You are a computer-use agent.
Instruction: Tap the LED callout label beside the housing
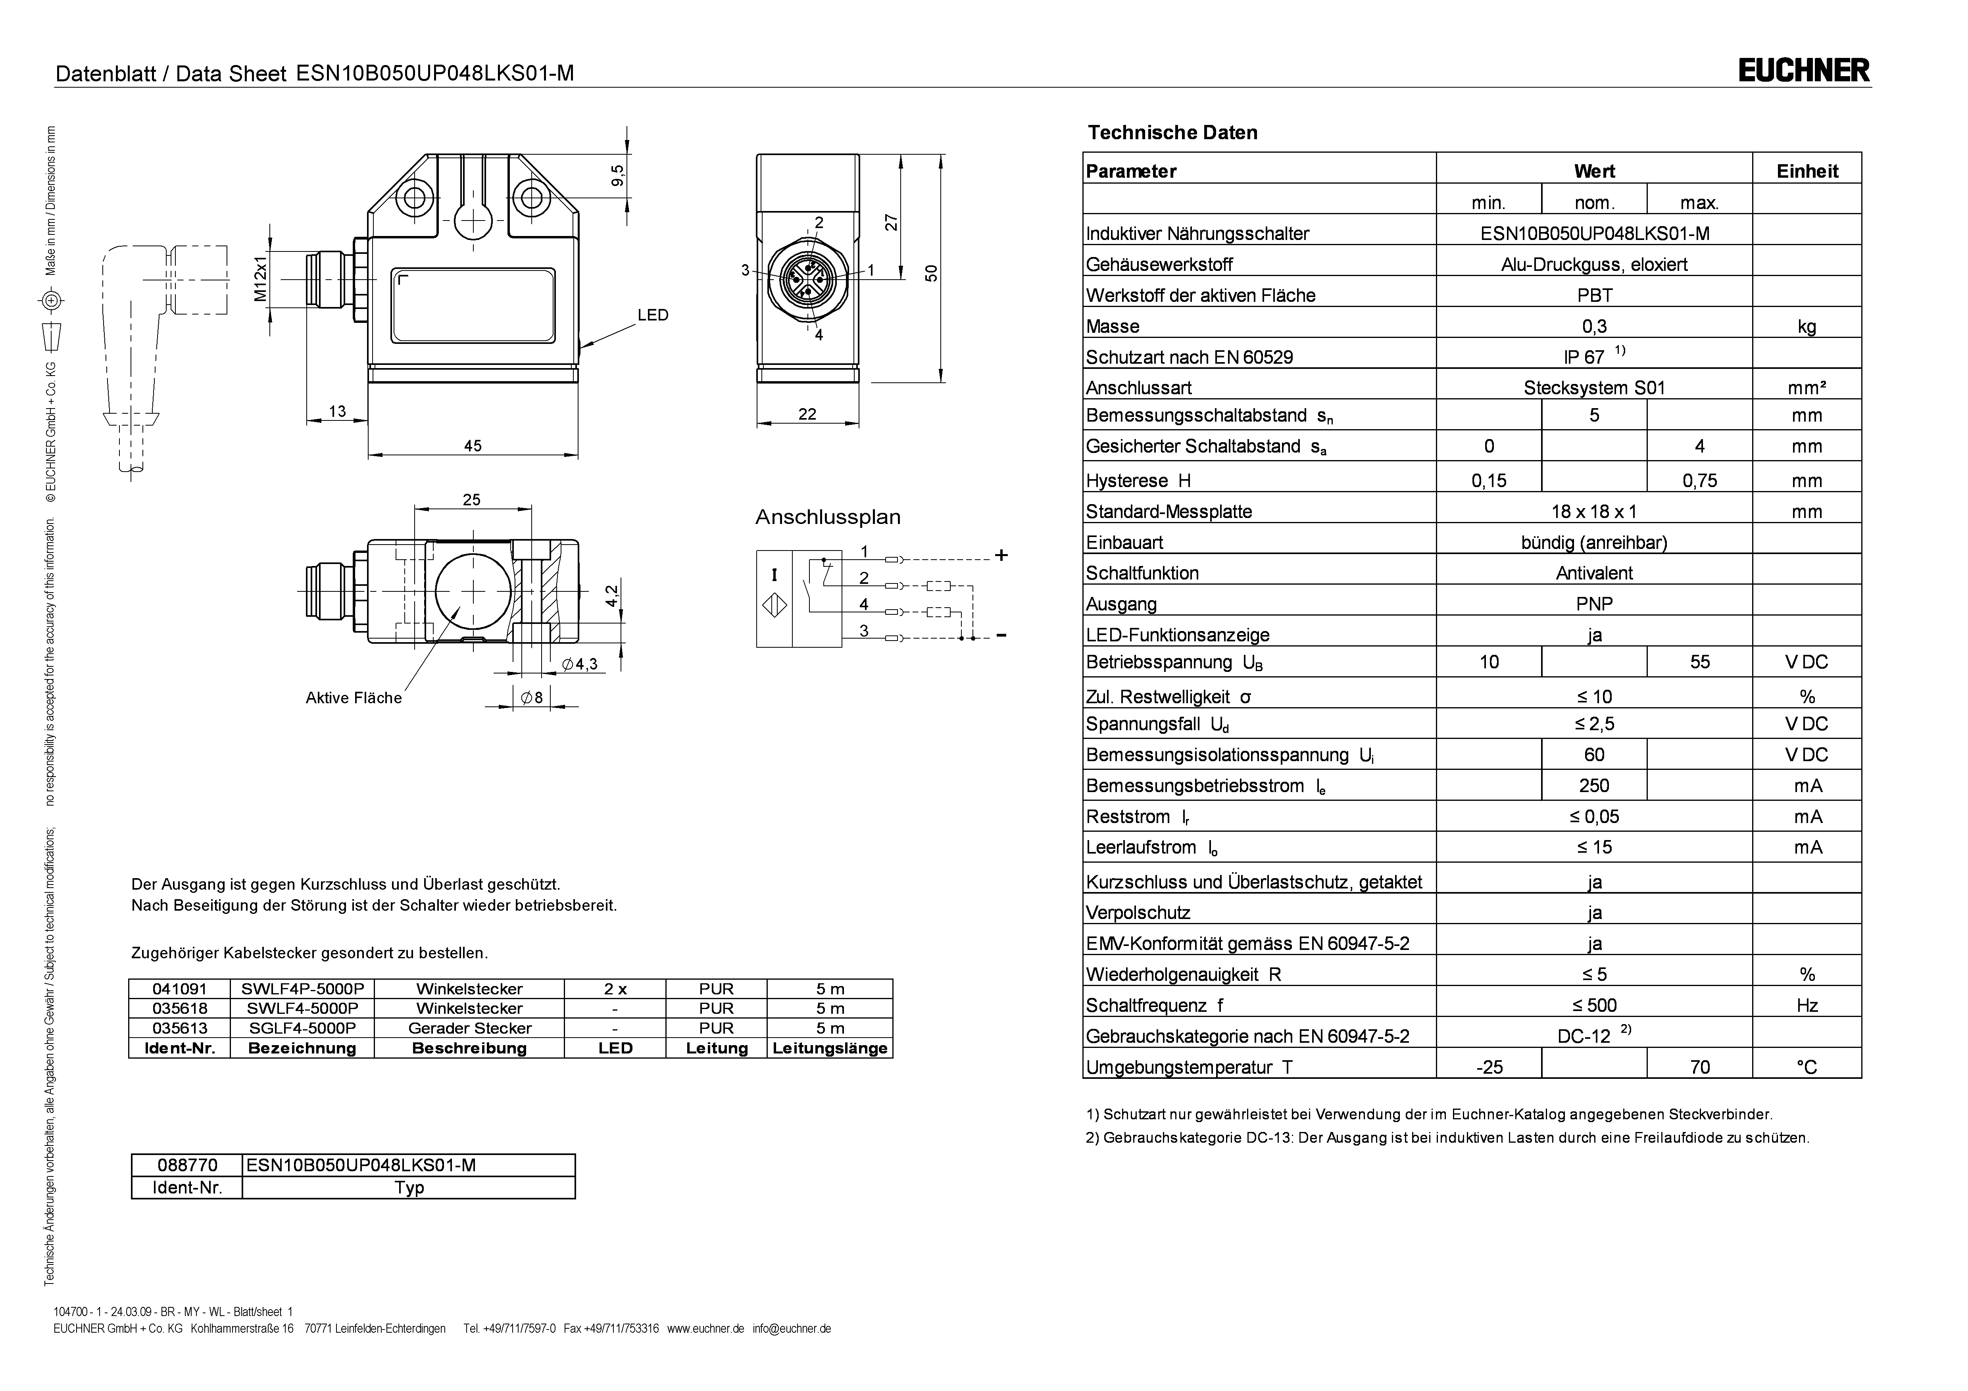[652, 315]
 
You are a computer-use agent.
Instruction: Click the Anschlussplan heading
[827, 518]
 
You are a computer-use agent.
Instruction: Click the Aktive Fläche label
[353, 698]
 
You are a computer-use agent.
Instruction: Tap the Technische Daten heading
[1172, 133]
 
